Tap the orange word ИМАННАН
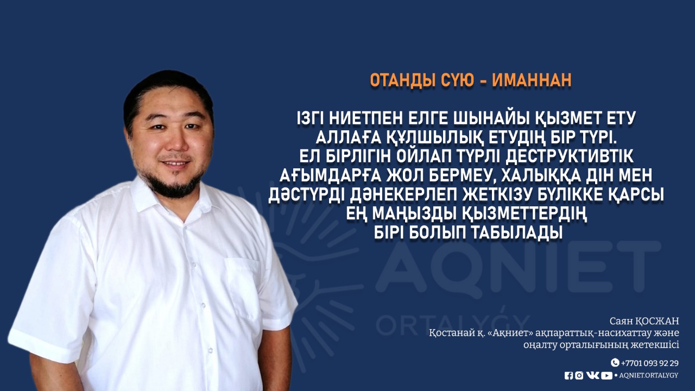532,80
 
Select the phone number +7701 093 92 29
649,363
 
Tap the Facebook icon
568,376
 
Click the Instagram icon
579,376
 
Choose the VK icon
593,375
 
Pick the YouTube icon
606,376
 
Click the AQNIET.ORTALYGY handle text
649,375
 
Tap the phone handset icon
615,362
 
